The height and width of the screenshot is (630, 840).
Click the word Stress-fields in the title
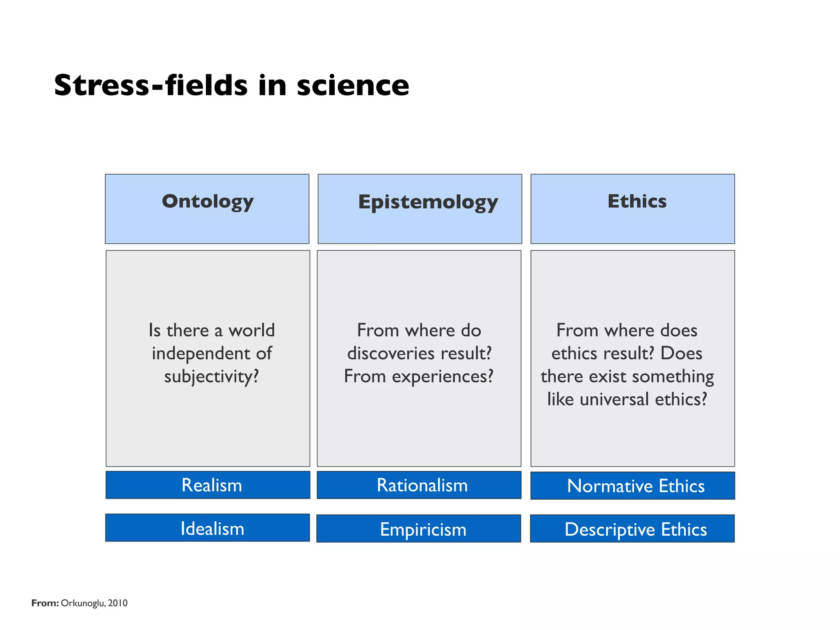tap(151, 85)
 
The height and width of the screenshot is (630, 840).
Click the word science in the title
tap(353, 85)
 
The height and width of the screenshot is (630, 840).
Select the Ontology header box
tap(207, 208)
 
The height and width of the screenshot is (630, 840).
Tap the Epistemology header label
tap(428, 202)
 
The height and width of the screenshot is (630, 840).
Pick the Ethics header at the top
tap(637, 201)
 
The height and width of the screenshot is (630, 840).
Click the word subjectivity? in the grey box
tap(212, 377)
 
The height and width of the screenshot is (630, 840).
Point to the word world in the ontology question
tap(251, 330)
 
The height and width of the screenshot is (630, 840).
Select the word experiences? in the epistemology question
tap(443, 377)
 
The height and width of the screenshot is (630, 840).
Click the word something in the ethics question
tap(679, 377)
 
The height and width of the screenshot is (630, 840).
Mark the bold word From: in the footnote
tap(45, 603)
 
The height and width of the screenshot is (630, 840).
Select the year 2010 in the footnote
tap(118, 603)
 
